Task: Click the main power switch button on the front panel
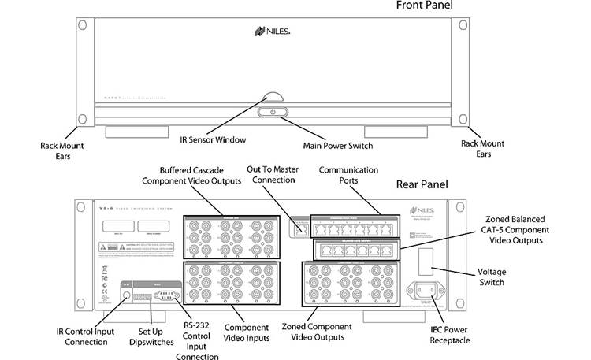tap(273, 113)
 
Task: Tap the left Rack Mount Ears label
tap(62, 150)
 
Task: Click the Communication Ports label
tap(348, 175)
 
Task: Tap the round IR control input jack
tap(125, 298)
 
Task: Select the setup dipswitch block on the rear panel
tap(143, 298)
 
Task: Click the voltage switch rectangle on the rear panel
tap(424, 261)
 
